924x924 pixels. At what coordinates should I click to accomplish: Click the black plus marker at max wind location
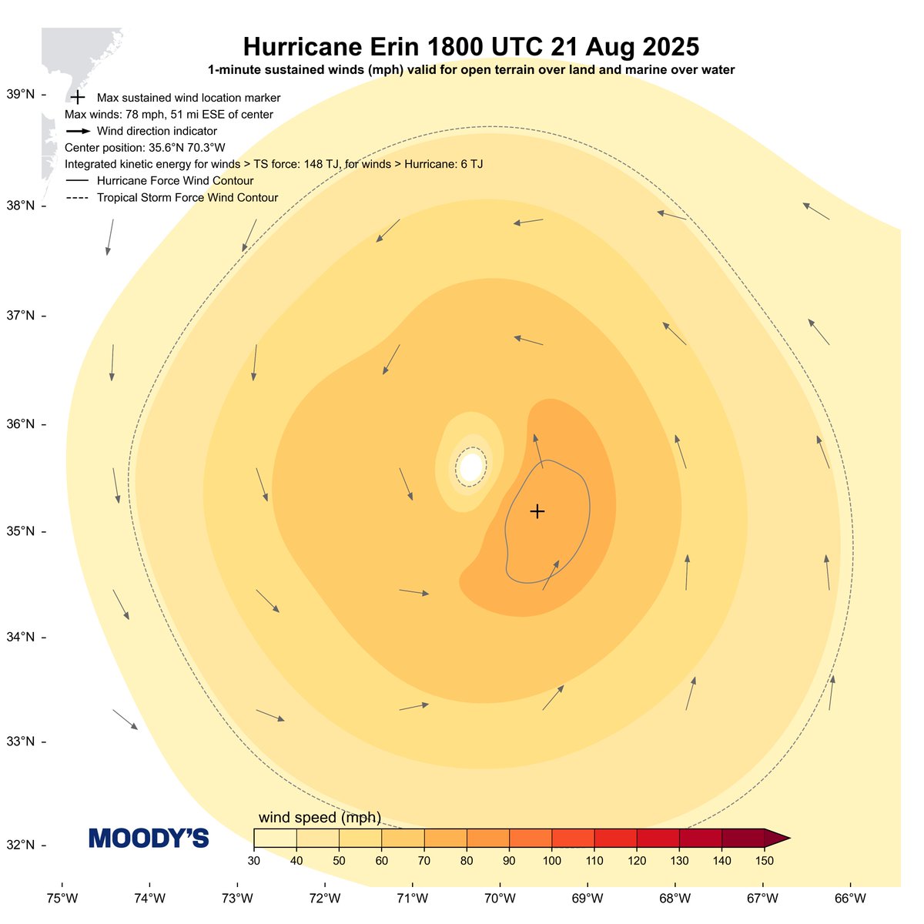coord(537,511)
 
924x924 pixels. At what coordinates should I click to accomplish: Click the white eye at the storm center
coord(470,467)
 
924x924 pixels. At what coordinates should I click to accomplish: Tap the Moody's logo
coord(149,839)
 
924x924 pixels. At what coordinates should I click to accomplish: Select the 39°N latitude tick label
coord(21,95)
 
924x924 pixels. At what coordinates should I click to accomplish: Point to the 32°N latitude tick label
coord(21,845)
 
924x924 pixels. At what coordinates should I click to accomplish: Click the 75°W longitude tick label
coord(62,898)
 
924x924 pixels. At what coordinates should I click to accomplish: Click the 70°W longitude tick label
coord(500,898)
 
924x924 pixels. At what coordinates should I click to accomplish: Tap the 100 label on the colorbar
coord(551,860)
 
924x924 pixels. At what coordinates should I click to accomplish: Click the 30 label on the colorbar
coord(254,860)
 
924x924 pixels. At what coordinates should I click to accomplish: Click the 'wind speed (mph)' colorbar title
coord(320,817)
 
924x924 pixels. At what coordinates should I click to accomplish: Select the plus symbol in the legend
coord(77,98)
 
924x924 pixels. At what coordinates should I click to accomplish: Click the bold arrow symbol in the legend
coord(78,132)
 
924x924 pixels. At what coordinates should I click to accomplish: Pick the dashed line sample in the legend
coord(78,198)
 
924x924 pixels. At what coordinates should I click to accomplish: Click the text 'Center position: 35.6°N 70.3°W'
coord(145,148)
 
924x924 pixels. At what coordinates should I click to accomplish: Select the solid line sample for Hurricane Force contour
coord(78,181)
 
